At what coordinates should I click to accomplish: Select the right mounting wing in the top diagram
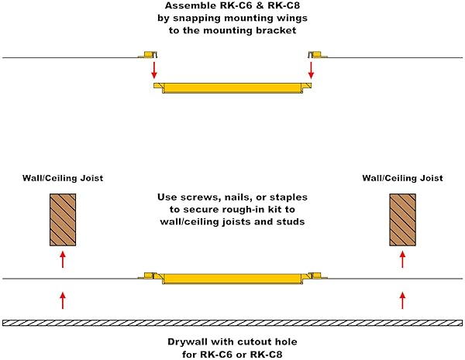tap(316, 54)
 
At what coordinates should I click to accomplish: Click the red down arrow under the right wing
tap(312, 69)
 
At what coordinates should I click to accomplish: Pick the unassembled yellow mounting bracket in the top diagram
tap(232, 85)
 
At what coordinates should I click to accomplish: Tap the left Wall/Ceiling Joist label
tap(63, 178)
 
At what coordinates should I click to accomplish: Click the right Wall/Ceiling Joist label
tap(402, 178)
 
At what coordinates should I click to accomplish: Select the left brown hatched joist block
tap(62, 219)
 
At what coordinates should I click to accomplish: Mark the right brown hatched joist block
tap(401, 219)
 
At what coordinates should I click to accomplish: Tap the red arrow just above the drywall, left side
tap(63, 300)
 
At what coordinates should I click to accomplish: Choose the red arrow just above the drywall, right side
tap(402, 300)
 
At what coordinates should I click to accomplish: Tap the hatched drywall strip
tap(232, 322)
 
